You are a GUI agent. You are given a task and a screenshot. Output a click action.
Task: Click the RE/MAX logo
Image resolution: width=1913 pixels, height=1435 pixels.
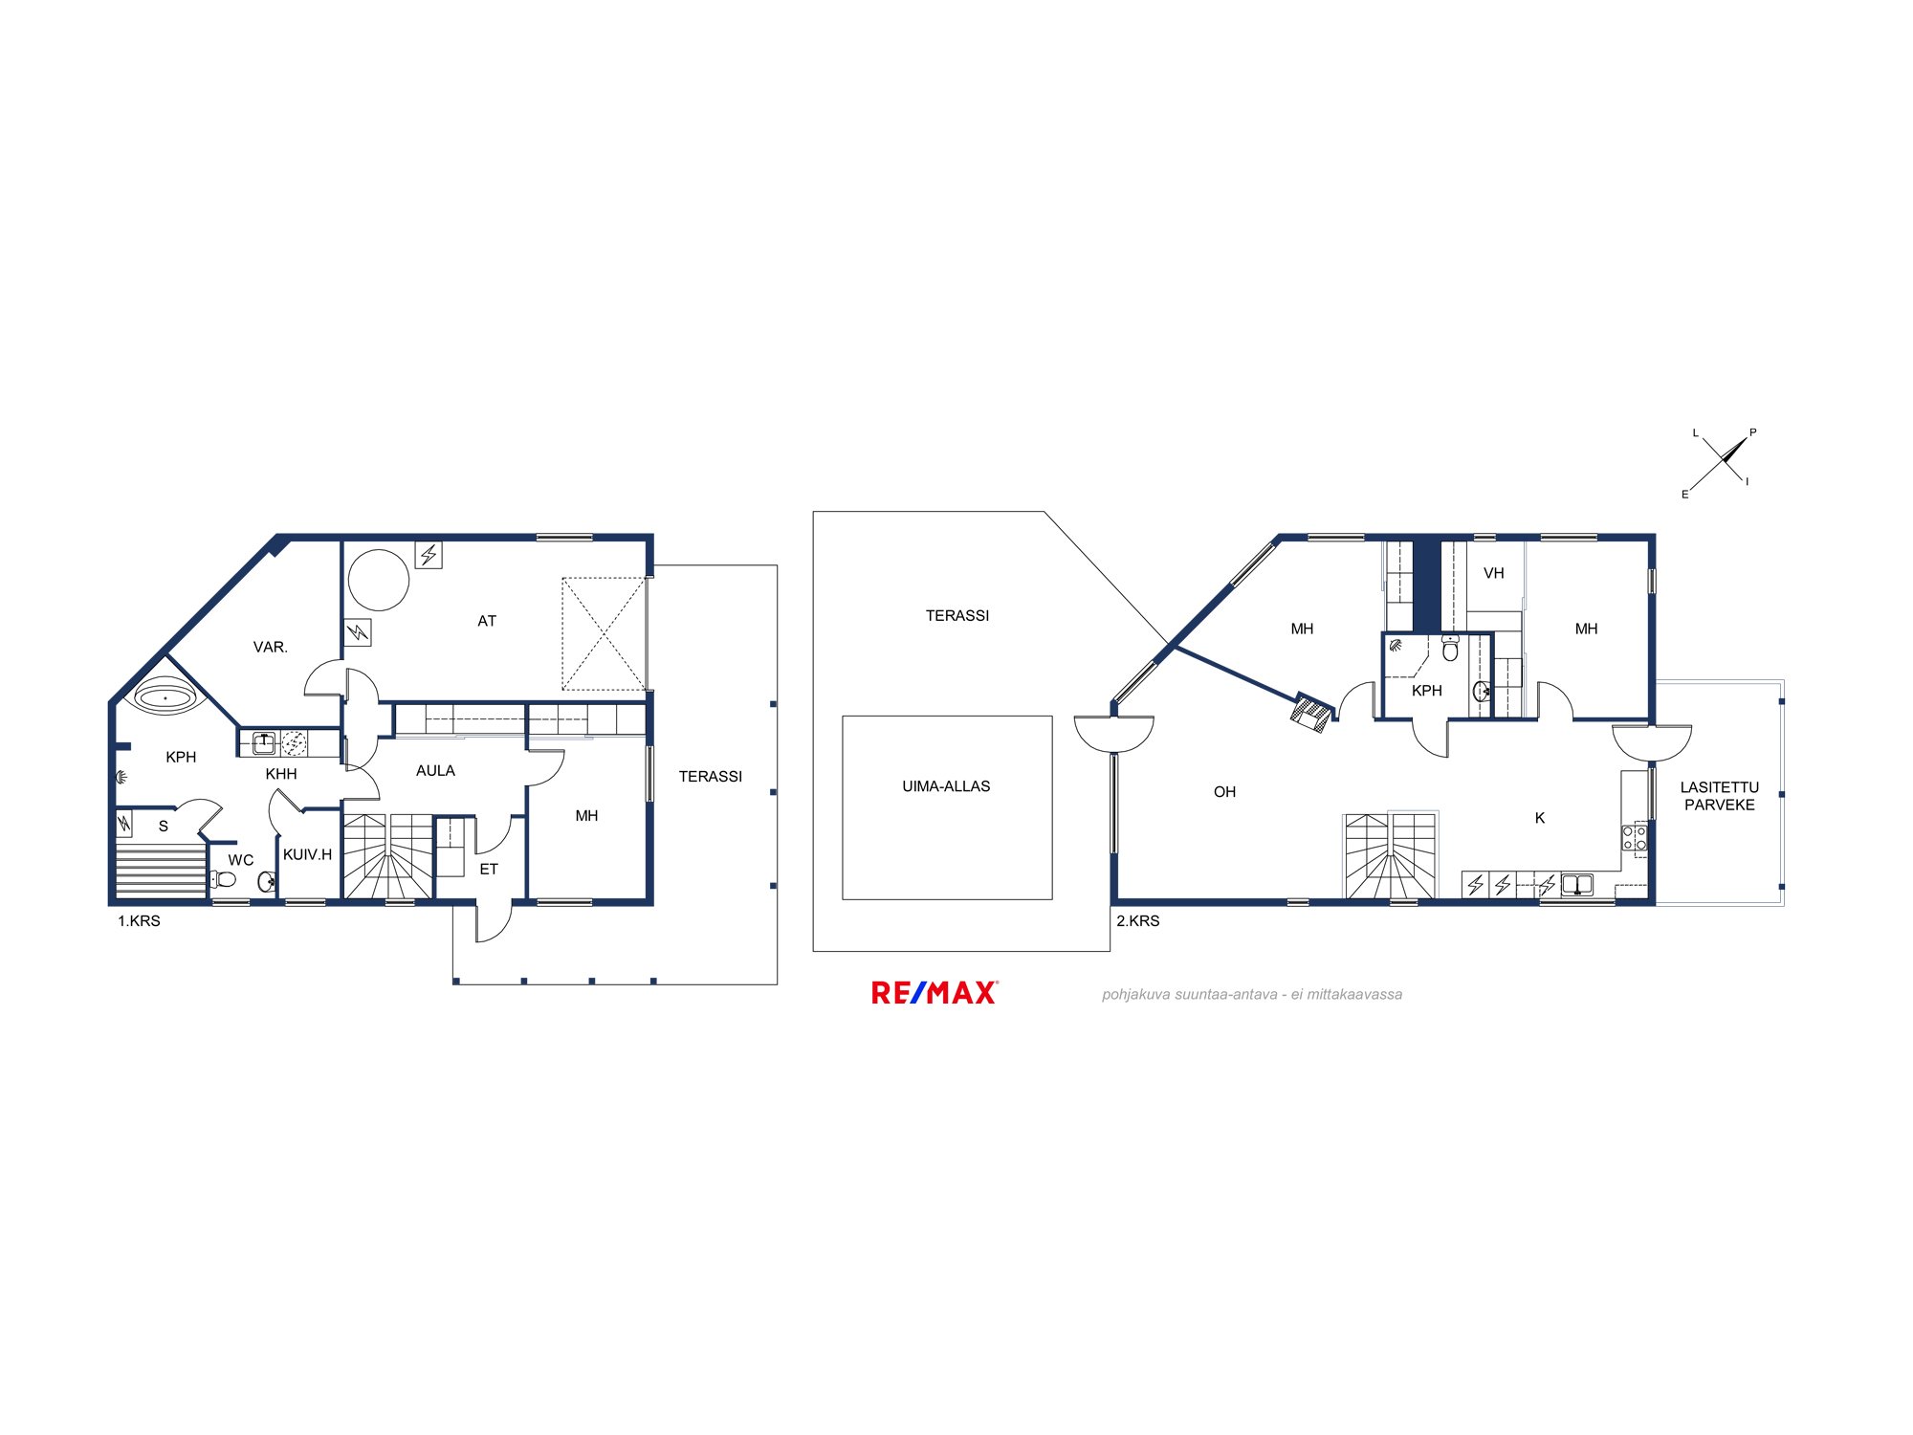click(935, 993)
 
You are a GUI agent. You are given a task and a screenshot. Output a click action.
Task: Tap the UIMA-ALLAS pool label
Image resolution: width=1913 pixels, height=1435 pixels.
click(946, 786)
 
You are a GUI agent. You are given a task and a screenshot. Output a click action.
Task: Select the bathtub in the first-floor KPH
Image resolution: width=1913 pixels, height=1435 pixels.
click(165, 697)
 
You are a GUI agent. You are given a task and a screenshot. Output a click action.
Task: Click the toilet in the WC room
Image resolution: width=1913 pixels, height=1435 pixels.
click(224, 879)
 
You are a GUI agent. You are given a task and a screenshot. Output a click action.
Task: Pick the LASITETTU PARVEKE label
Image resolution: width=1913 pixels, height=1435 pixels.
click(1719, 796)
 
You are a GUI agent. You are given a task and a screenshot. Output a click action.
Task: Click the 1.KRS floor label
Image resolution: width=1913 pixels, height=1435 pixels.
click(139, 921)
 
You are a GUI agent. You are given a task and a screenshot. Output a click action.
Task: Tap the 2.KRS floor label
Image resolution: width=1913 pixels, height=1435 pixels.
click(1137, 921)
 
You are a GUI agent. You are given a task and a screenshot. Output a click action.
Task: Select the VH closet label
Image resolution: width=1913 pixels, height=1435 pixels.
click(1493, 573)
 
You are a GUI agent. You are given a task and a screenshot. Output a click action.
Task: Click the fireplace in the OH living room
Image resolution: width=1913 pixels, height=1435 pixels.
click(1310, 713)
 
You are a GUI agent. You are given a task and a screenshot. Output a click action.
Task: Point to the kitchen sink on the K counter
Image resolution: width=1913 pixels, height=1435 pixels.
click(1576, 884)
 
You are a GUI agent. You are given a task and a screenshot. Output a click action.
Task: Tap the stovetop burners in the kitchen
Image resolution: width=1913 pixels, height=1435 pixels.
click(1635, 838)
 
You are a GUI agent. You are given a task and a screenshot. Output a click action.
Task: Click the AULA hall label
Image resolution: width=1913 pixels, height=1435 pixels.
click(435, 771)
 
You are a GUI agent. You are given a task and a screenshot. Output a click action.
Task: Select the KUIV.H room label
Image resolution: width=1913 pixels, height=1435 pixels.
click(307, 854)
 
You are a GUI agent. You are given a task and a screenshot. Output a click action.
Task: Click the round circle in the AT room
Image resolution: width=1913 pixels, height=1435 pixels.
click(379, 580)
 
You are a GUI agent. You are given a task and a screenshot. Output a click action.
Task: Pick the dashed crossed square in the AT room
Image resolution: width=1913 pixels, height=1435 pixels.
click(604, 633)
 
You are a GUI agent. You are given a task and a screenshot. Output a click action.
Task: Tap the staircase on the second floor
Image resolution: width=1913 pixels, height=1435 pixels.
click(1390, 856)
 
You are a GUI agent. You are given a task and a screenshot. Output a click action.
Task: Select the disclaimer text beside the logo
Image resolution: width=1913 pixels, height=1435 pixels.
click(1252, 995)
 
